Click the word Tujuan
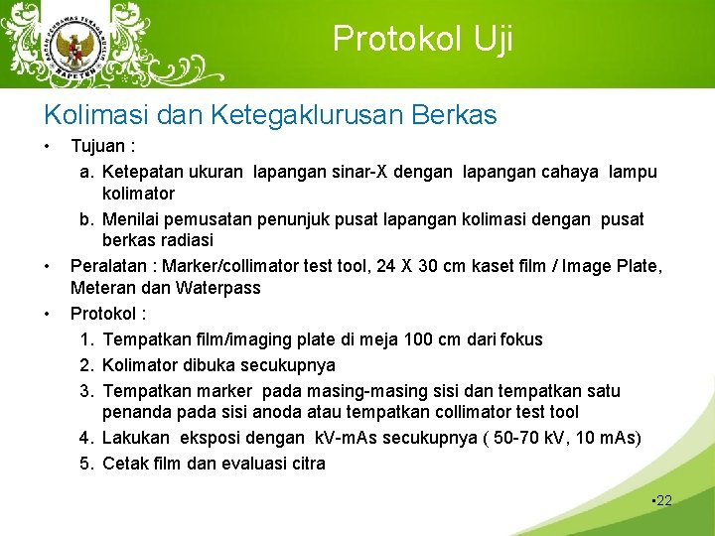(100, 146)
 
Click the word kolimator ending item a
(138, 194)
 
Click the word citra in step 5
(305, 463)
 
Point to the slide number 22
(662, 500)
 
